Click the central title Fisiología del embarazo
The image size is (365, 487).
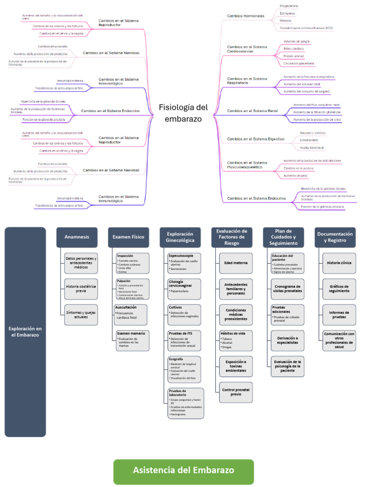coord(183,113)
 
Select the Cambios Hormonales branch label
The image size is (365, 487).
coord(246,16)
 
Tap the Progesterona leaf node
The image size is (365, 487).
coord(289,6)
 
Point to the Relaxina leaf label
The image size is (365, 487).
coord(286,21)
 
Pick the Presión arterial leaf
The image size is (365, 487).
coord(294,56)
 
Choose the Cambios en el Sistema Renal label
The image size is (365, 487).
coord(252,110)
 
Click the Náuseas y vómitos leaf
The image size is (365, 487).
coord(313,133)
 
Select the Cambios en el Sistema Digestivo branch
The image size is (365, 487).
coord(256,139)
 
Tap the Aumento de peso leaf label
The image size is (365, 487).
coord(296,175)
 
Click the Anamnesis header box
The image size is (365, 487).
coord(77,237)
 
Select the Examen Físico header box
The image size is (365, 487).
coord(128,237)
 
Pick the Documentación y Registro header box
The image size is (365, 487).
coord(335,237)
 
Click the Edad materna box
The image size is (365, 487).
coord(236,263)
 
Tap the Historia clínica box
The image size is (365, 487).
coord(339,263)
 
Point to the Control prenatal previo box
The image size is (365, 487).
coord(236,392)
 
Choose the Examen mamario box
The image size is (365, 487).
coord(132,340)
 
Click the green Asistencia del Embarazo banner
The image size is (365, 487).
coord(183,471)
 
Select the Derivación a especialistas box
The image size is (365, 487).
coord(288,341)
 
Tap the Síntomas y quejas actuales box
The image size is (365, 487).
coord(81,314)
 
